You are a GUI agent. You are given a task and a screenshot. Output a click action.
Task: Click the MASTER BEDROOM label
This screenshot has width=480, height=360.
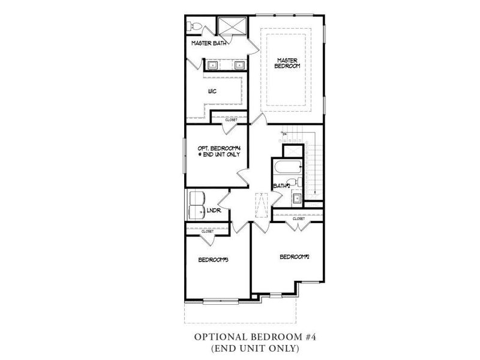[287, 62]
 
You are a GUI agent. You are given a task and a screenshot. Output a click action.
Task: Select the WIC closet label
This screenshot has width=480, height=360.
[212, 91]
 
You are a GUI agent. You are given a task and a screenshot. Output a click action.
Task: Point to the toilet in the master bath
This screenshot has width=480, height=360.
[194, 26]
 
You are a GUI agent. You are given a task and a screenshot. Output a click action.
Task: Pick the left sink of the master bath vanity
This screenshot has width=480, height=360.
[214, 64]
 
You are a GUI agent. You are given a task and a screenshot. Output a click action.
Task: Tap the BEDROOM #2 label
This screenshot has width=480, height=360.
[294, 257]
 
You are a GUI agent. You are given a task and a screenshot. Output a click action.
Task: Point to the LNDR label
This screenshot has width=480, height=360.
[214, 211]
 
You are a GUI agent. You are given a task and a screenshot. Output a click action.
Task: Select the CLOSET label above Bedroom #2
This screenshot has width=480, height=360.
[299, 219]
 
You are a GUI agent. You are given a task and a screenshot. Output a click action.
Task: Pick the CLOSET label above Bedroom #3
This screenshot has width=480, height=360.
[207, 231]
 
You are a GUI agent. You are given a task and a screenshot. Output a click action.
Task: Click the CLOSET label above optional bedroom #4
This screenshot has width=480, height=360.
[231, 120]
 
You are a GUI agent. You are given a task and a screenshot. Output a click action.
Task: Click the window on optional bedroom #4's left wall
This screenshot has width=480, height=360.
[184, 155]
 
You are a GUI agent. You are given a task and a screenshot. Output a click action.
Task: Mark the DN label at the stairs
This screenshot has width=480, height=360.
[285, 133]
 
